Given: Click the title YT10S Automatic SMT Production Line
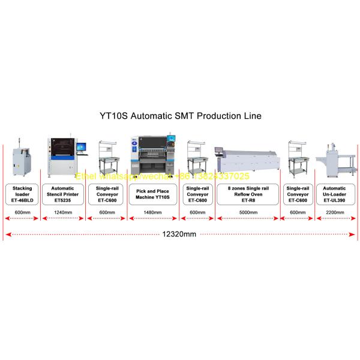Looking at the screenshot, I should click(x=180, y=114).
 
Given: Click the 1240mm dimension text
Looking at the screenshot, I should click(x=62, y=212).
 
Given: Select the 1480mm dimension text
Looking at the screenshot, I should click(x=153, y=212).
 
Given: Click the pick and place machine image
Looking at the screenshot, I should click(x=152, y=157).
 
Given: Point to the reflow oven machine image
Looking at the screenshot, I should click(x=248, y=161).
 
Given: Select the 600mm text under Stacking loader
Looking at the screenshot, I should click(x=22, y=212).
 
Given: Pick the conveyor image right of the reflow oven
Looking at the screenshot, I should click(x=298, y=157).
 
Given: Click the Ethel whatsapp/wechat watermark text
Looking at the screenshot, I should click(x=162, y=176).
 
